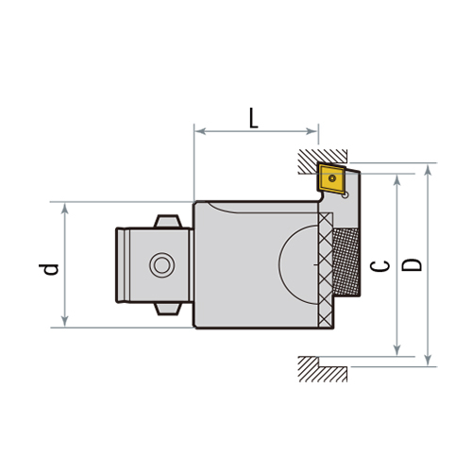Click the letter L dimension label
click(254, 118)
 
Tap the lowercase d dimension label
click(52, 268)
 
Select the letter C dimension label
click(380, 267)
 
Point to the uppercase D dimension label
click(412, 265)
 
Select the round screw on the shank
click(160, 265)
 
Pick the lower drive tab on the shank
click(166, 308)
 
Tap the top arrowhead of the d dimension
click(64, 207)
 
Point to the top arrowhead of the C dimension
click(397, 179)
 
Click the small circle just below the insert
click(346, 194)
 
